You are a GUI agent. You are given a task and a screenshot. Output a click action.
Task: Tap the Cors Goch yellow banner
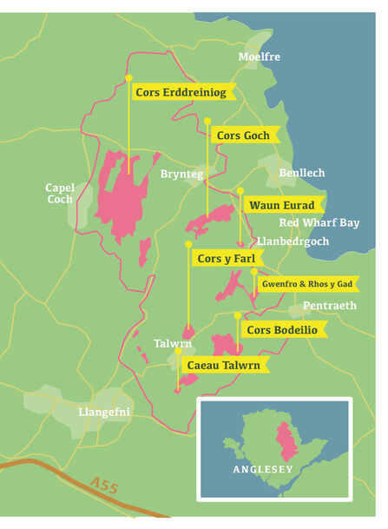coord(244,136)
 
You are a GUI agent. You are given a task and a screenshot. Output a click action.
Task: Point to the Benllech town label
coord(302,173)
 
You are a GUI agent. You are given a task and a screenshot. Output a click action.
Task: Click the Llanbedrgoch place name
coord(293,241)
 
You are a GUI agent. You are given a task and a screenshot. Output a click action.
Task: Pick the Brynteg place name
coord(181,174)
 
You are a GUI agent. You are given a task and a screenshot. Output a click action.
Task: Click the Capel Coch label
coord(60,194)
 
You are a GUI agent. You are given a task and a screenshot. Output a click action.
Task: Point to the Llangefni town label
coord(104,411)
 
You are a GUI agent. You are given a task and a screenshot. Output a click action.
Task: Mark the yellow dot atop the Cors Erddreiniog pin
coord(128,78)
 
